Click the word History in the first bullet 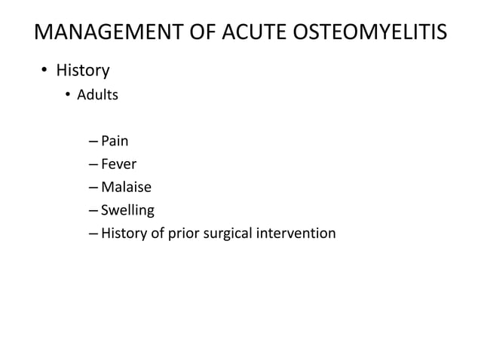point(83,71)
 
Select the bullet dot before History point(44,72)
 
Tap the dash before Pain point(92,141)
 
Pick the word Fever point(119,163)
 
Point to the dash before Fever point(92,164)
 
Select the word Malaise point(126,187)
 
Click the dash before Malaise point(92,188)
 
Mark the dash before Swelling point(92,211)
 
